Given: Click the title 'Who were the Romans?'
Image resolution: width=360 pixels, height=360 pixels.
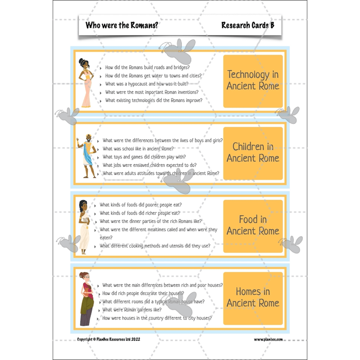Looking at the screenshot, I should tap(122, 25).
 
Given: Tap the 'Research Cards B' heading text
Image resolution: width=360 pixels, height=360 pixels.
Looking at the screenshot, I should tap(247, 25).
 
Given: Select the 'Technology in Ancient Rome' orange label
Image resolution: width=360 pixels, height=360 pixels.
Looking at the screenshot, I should tap(253, 80).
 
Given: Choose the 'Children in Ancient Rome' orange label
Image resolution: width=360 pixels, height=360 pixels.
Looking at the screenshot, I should tap(253, 152).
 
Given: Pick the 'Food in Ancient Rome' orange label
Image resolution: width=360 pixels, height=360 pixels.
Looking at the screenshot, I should tap(253, 225).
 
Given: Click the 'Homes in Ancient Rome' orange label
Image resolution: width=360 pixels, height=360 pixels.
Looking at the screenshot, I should tap(253, 297).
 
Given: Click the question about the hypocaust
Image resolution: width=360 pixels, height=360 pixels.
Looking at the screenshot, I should tap(146, 84).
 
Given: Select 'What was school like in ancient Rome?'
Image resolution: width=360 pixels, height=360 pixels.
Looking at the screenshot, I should tap(138, 149).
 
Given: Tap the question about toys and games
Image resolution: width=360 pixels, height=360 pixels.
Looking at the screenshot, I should tap(143, 157).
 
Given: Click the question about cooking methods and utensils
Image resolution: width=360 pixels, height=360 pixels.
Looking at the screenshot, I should tap(155, 246).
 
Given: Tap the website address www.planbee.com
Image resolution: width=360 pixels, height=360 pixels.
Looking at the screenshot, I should tap(268, 339).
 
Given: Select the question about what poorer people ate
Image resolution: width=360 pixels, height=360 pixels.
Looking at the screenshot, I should tap(140, 205).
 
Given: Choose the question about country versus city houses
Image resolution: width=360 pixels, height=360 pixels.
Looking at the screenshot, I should tap(157, 318).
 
